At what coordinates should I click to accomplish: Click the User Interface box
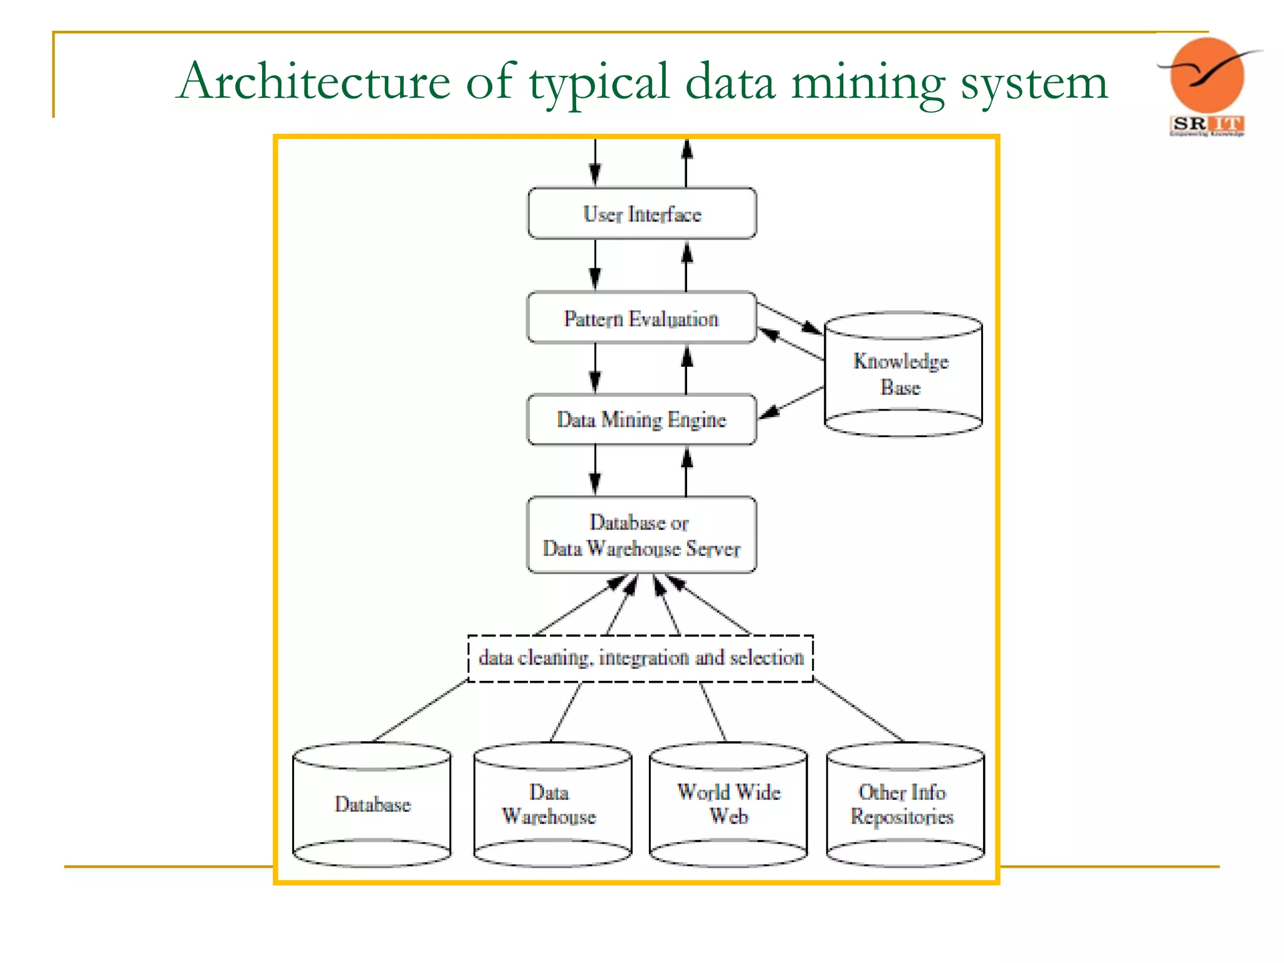tap(641, 214)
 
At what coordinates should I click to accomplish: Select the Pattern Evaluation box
tap(641, 318)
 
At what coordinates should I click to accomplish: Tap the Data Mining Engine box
tap(641, 419)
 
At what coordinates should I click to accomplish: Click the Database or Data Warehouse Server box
tap(641, 535)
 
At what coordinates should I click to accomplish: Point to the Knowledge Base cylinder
tap(902, 374)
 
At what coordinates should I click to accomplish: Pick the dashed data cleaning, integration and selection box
tap(640, 658)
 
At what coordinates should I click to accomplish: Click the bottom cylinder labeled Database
tap(372, 804)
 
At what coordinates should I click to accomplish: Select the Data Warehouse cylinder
tap(552, 804)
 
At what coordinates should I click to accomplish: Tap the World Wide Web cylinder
tap(728, 804)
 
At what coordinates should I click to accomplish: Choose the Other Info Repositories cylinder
tap(905, 804)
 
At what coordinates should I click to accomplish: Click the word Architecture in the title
tap(313, 82)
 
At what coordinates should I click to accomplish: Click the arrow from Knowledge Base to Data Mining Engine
tap(791, 403)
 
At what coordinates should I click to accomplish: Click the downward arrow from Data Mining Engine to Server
tap(595, 470)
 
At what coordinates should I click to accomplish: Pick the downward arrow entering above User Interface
tap(595, 162)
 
